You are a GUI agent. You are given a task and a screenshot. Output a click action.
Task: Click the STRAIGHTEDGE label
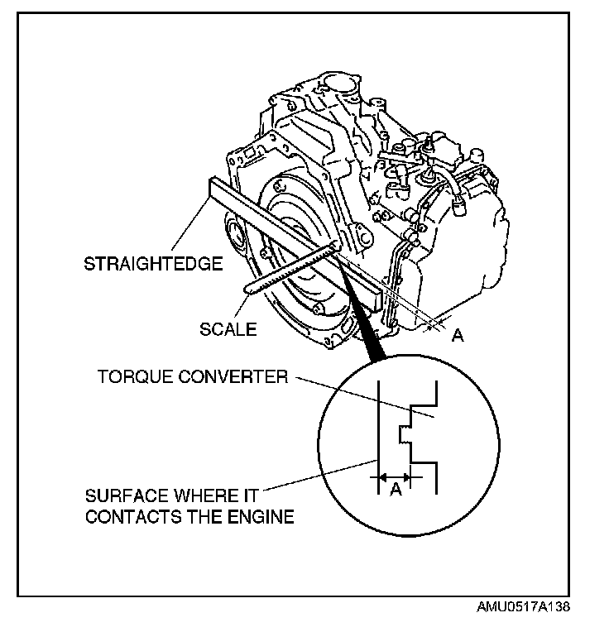tap(154, 265)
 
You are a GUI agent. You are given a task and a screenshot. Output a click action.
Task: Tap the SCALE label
tap(228, 328)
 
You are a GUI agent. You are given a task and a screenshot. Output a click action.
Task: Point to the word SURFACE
tap(120, 496)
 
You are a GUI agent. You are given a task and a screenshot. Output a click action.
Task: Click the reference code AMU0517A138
tap(522, 607)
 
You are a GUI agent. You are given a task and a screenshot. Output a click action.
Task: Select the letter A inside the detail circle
tap(396, 491)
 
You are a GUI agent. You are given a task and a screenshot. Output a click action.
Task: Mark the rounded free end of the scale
tap(251, 288)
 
